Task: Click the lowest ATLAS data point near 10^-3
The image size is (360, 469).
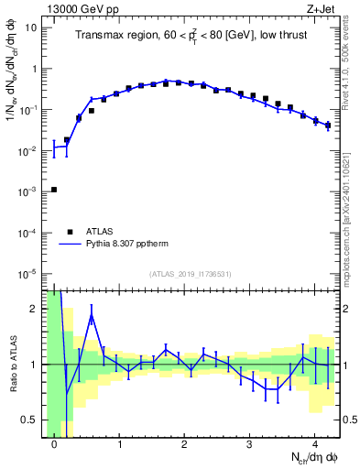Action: click(54, 190)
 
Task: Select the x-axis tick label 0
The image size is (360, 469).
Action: click(54, 445)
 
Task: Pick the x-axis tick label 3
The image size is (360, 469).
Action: click(250, 445)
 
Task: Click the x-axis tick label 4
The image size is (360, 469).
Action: click(315, 445)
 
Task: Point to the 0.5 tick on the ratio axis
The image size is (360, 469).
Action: click(31, 420)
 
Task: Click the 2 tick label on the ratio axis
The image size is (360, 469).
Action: click(35, 309)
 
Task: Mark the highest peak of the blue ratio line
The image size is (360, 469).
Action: click(93, 316)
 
